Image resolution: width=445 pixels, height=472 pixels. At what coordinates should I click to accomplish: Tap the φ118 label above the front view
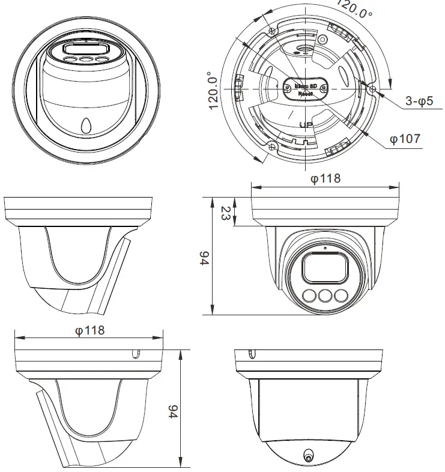click(325, 178)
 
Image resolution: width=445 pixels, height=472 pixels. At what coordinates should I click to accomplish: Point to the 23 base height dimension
click(225, 213)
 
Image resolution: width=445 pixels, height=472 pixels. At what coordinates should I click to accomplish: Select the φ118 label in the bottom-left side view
click(89, 330)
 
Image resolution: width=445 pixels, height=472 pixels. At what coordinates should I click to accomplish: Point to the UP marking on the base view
click(305, 125)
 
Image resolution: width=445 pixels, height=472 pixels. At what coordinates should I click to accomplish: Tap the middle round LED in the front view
click(325, 295)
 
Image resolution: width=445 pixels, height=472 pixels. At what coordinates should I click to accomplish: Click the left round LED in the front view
click(310, 295)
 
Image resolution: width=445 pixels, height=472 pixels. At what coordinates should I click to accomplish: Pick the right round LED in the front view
click(341, 295)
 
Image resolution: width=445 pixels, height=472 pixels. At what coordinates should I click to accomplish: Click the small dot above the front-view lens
click(325, 247)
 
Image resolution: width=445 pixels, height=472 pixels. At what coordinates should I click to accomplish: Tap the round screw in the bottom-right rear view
click(309, 456)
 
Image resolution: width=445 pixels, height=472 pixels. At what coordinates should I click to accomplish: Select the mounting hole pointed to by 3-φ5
click(374, 89)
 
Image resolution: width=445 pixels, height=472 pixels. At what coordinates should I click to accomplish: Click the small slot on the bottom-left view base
click(136, 355)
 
